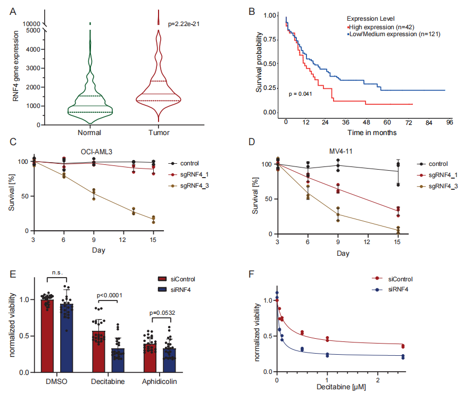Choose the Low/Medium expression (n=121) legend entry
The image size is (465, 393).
(394, 34)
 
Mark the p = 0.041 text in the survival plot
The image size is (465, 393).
(300, 94)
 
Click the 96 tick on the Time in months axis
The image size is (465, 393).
(449, 122)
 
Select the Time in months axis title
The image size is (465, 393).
(372, 132)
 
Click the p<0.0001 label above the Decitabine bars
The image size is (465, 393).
(110, 296)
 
